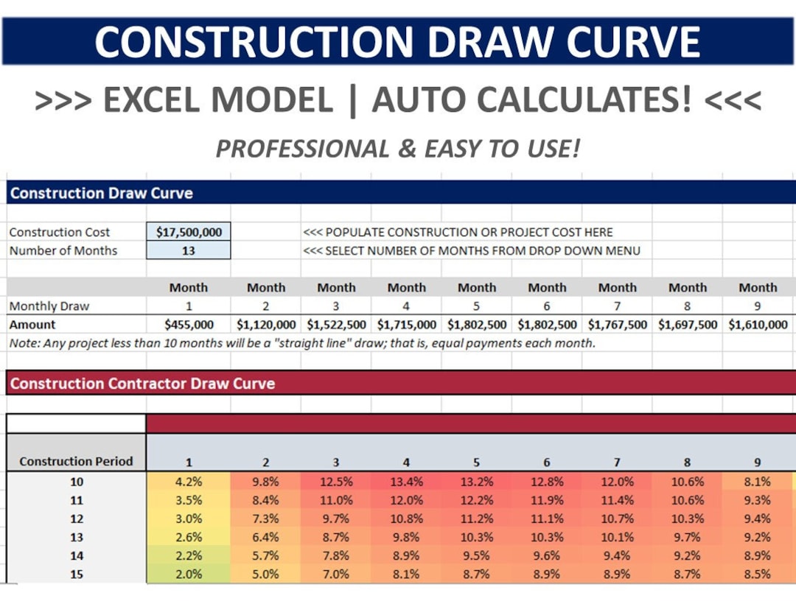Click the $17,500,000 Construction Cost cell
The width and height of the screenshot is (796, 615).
click(189, 232)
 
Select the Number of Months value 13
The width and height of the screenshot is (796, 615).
click(189, 250)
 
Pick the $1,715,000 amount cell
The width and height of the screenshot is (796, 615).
click(406, 324)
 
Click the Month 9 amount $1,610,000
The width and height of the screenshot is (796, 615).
click(758, 324)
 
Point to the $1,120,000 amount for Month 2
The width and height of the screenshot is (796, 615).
click(266, 324)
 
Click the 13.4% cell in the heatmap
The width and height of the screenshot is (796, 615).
click(406, 482)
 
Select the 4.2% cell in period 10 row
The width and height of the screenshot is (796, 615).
click(189, 482)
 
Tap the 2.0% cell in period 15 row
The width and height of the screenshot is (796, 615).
click(189, 574)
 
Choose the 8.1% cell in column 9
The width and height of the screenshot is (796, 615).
click(757, 482)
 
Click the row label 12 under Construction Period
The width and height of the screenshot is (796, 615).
click(77, 519)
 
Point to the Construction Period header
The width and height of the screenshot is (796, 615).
click(76, 462)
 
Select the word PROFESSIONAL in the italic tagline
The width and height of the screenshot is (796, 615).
click(302, 150)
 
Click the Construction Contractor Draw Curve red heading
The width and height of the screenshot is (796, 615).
click(142, 384)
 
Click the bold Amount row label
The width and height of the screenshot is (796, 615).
click(32, 324)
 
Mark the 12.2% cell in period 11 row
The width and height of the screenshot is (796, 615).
click(476, 500)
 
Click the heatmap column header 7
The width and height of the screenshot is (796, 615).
click(617, 463)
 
